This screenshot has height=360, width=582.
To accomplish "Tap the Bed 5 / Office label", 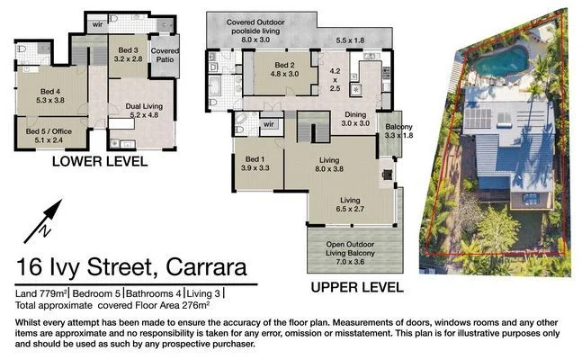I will pyautogui.click(x=44, y=135).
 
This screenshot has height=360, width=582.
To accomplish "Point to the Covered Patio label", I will pyautogui.click(x=165, y=56).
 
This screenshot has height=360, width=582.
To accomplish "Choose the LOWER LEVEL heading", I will pyautogui.click(x=100, y=162).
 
